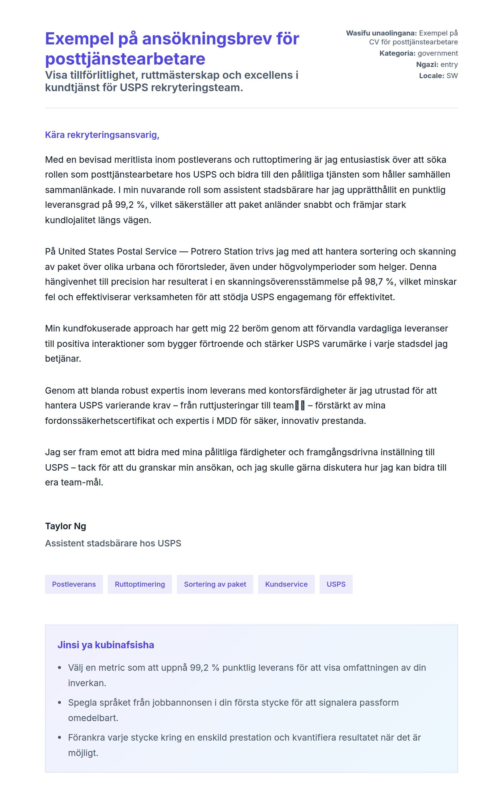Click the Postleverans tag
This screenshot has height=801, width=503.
tap(74, 584)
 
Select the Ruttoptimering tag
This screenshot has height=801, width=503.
tap(140, 584)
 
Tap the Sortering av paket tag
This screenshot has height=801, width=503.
tap(215, 584)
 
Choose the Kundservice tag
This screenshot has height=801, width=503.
tap(286, 584)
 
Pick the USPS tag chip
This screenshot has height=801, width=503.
tap(336, 584)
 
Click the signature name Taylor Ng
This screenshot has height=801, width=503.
tap(65, 526)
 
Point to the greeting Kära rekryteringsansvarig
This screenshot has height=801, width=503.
tap(102, 135)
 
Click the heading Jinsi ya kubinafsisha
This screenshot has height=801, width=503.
tap(106, 645)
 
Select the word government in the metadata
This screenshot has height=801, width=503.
tap(438, 53)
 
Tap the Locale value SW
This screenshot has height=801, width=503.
tap(452, 75)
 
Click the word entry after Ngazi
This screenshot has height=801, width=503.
tap(449, 65)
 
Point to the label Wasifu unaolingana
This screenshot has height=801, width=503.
tap(381, 33)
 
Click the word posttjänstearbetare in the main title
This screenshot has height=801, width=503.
tap(125, 59)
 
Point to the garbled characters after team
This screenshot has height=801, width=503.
tap(299, 406)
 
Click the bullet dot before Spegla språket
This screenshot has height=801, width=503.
tap(59, 702)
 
